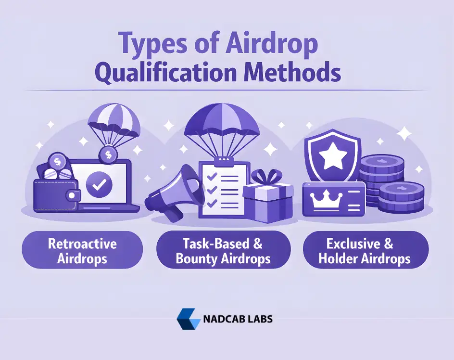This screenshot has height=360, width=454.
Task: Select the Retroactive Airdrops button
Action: pyautogui.click(x=82, y=251)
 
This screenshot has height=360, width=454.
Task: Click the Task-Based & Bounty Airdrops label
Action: pyautogui.click(x=223, y=251)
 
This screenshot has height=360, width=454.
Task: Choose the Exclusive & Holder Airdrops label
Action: pyautogui.click(x=365, y=251)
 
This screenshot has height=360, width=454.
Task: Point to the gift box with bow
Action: pyautogui.click(x=267, y=197)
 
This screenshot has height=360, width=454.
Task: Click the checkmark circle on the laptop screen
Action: pyautogui.click(x=99, y=183)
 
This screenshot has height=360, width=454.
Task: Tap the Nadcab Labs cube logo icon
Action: pyautogui.click(x=188, y=318)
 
